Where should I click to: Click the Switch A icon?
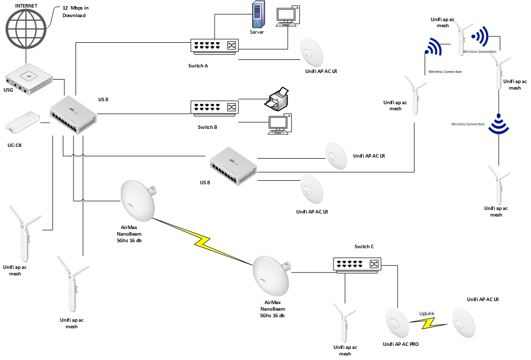point(215,46)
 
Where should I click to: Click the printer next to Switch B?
point(277,99)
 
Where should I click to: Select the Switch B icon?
point(215,107)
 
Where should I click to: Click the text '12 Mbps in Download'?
point(75,12)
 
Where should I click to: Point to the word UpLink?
point(427,313)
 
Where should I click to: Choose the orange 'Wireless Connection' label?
point(468,124)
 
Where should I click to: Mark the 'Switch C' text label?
point(364,247)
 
